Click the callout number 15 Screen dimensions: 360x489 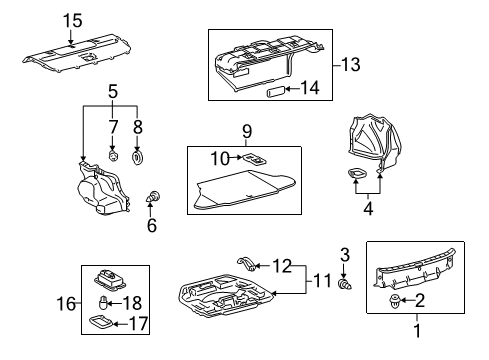72,20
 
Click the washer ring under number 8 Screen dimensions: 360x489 137,157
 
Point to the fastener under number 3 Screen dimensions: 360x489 345,284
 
